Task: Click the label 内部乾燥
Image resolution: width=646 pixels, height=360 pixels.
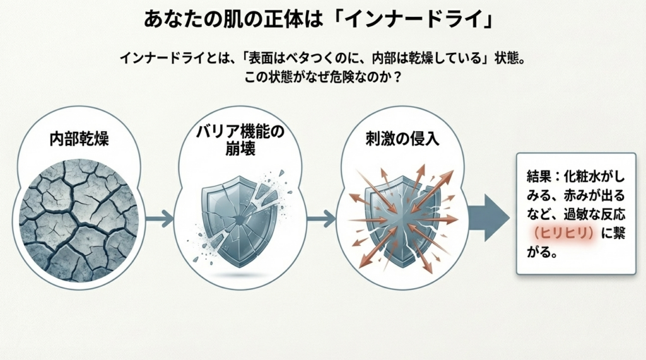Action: [79, 139]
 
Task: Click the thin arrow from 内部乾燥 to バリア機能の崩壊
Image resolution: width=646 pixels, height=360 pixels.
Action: [158, 219]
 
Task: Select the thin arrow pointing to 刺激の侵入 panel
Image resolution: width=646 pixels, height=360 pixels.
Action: [321, 219]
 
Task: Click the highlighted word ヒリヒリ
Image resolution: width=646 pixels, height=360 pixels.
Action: [562, 233]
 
